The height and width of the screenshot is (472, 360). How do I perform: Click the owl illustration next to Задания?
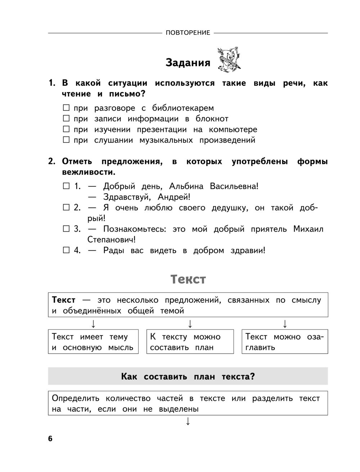[229, 59]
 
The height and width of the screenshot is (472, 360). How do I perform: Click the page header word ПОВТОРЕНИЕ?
[188, 33]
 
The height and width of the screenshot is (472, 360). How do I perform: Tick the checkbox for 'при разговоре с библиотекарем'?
[66, 108]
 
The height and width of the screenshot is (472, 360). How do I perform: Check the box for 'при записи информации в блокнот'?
[66, 118]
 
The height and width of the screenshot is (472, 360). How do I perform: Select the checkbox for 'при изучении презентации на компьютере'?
[66, 129]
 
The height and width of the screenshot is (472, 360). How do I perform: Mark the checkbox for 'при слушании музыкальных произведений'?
[66, 140]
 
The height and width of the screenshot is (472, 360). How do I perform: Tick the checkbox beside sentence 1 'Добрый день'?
[66, 186]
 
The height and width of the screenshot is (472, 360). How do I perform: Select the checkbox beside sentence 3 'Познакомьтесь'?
[66, 229]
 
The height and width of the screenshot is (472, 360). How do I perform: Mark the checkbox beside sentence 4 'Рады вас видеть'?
[66, 250]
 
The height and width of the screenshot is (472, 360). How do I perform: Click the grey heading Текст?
[188, 280]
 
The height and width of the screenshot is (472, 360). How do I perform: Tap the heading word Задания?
[188, 63]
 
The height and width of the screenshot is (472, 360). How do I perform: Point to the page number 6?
[50, 439]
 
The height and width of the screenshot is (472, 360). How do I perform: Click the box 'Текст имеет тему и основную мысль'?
[93, 342]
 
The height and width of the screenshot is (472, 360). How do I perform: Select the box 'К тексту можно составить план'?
[190, 342]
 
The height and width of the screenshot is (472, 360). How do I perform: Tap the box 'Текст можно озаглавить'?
[285, 342]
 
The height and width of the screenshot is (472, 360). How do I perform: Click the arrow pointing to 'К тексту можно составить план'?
[190, 324]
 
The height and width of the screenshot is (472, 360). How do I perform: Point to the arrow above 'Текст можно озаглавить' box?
[285, 324]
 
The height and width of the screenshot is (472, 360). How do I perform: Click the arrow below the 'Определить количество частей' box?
[188, 421]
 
